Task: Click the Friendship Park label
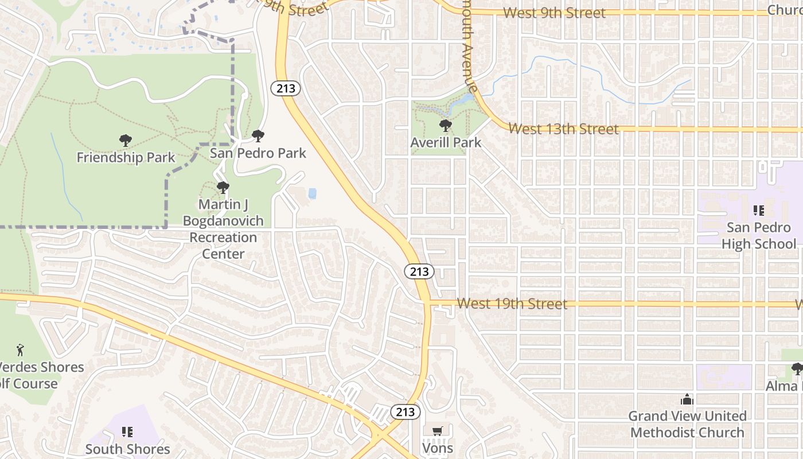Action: (126, 157)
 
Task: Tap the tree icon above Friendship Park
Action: (126, 141)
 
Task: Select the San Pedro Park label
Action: (258, 153)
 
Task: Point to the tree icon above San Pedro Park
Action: (258, 136)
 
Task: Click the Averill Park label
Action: (446, 142)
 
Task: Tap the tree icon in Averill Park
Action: (445, 126)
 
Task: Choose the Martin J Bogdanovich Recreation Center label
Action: (223, 229)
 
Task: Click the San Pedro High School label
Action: (758, 236)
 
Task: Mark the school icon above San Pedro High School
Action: (759, 211)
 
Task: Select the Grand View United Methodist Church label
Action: (687, 424)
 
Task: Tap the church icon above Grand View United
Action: (687, 399)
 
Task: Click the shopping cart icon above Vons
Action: (438, 431)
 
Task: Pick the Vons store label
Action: (438, 448)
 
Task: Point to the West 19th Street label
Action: (512, 304)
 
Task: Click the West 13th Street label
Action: (563, 129)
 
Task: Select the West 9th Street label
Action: (553, 13)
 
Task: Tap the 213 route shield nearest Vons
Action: (406, 411)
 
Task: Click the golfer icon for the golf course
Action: (21, 349)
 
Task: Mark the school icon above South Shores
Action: (127, 431)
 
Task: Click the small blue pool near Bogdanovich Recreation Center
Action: (312, 193)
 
